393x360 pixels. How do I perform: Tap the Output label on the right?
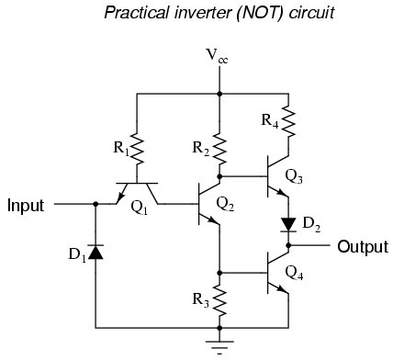(x=363, y=246)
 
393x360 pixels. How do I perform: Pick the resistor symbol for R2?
(x=219, y=146)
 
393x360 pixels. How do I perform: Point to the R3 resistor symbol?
(x=219, y=299)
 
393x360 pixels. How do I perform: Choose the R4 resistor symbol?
(x=288, y=118)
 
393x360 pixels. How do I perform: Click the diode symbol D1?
(x=96, y=251)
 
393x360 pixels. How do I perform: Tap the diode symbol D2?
(x=288, y=223)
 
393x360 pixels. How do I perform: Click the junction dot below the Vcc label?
(x=219, y=94)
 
